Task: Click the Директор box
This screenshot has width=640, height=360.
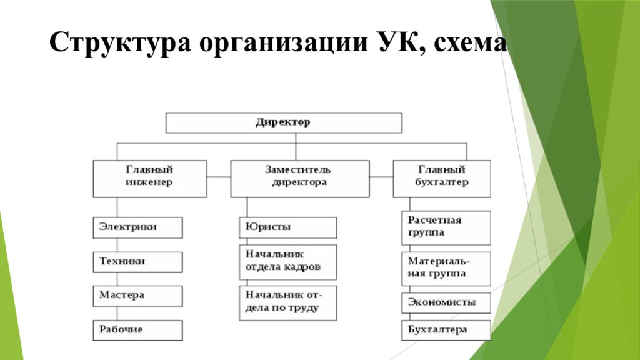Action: tap(284, 123)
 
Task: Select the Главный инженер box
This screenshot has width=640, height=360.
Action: tap(150, 179)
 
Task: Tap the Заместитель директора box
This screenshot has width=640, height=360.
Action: tap(300, 179)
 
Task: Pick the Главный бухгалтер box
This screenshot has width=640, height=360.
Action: tap(442, 179)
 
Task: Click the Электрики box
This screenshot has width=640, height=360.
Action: tap(137, 227)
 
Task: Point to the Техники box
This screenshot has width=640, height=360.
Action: tap(137, 262)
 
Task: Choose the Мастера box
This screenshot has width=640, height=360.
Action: tap(137, 296)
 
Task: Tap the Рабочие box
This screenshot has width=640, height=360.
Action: tap(137, 330)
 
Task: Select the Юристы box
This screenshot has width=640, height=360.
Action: tap(287, 227)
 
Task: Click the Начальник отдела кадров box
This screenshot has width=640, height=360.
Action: tap(287, 262)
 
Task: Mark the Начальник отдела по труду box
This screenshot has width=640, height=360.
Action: tap(287, 303)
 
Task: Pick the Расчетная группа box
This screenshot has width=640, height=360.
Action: tap(446, 227)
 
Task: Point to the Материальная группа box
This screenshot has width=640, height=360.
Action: tap(446, 269)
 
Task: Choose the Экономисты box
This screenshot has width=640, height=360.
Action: tap(446, 303)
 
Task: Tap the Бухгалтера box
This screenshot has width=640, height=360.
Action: tap(446, 330)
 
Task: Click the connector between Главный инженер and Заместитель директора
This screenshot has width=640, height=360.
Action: tap(219, 177)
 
